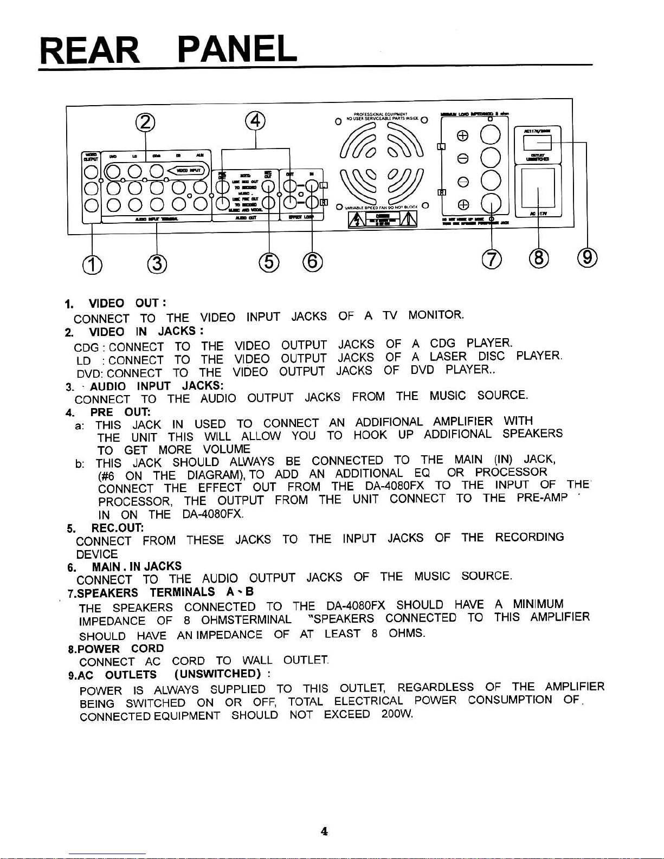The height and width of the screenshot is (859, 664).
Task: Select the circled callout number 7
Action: click(x=491, y=260)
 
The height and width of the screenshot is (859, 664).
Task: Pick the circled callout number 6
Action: click(x=312, y=263)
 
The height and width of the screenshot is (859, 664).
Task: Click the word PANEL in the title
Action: click(x=237, y=49)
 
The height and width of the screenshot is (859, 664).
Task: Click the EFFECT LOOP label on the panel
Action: click(x=301, y=217)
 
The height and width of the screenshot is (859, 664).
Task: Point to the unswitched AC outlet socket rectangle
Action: click(x=537, y=143)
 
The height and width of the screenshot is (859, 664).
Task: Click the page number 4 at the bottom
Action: click(x=324, y=831)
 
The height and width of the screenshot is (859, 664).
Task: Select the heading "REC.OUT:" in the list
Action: click(x=117, y=527)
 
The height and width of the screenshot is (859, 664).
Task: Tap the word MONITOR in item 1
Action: click(x=436, y=315)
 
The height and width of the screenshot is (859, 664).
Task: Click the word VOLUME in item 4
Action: click(x=226, y=449)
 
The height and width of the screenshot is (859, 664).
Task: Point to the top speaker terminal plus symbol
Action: click(x=462, y=137)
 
